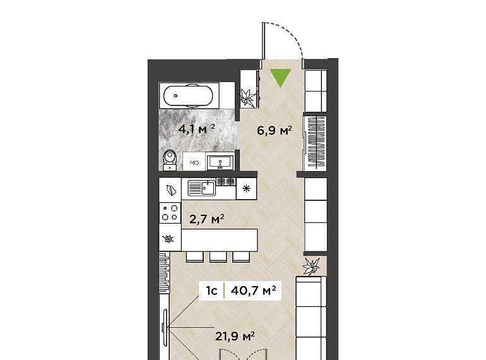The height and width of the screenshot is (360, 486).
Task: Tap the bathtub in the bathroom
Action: pyautogui.click(x=189, y=95)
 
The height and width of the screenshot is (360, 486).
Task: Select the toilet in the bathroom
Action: pyautogui.click(x=170, y=160)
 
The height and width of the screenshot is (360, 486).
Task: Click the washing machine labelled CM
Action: pyautogui.click(x=194, y=162)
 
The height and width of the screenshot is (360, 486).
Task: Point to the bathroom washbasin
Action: pyautogui.click(x=220, y=162)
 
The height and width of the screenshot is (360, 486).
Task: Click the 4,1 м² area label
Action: pyautogui.click(x=196, y=128)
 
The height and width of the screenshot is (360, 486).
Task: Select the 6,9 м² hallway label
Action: pyautogui.click(x=275, y=130)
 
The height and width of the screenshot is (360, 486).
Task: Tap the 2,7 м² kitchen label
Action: pyautogui.click(x=207, y=219)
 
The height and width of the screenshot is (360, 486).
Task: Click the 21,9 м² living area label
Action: pyautogui.click(x=235, y=336)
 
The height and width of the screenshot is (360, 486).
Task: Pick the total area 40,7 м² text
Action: pyautogui.click(x=253, y=291)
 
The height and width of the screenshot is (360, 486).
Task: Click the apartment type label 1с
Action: pyautogui.click(x=211, y=291)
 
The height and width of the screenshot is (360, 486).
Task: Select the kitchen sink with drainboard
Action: pyautogui.click(x=202, y=188)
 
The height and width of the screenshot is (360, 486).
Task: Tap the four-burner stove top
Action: pyautogui.click(x=170, y=213)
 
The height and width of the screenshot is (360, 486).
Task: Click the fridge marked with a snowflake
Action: pyautogui.click(x=246, y=188)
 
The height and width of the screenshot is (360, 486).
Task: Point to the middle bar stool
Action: pyautogui.click(x=218, y=257)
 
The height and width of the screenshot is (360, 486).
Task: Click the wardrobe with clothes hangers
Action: pyautogui.click(x=315, y=143)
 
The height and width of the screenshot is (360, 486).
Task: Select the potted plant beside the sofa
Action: pyautogui.click(x=311, y=267)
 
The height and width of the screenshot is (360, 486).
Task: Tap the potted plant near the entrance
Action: pyautogui.click(x=249, y=97)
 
